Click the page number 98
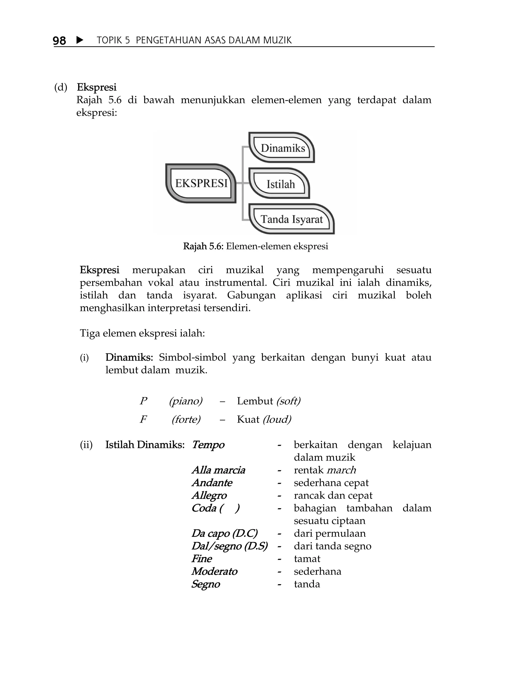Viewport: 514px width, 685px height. click(x=59, y=41)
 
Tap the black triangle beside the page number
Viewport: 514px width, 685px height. click(x=80, y=40)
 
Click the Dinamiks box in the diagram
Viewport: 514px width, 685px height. click(x=283, y=148)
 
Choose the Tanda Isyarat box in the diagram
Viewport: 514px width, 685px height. click(x=292, y=219)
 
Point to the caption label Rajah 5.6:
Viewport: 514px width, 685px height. click(x=203, y=246)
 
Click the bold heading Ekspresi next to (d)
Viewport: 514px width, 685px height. click(x=97, y=87)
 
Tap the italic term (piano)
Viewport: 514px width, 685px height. click(x=185, y=401)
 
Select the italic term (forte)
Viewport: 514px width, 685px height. click(x=186, y=419)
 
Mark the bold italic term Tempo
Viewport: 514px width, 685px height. click(x=208, y=445)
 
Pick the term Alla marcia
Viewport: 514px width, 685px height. click(x=218, y=470)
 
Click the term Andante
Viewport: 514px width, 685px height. click(x=212, y=483)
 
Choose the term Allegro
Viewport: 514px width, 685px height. click(x=209, y=495)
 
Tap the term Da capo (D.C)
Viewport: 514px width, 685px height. click(x=225, y=533)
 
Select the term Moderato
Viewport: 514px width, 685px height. click(x=214, y=571)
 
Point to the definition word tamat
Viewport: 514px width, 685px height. click(x=307, y=559)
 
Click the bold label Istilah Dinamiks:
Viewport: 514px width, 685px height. click(x=145, y=445)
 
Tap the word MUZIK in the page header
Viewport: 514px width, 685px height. click(x=277, y=40)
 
